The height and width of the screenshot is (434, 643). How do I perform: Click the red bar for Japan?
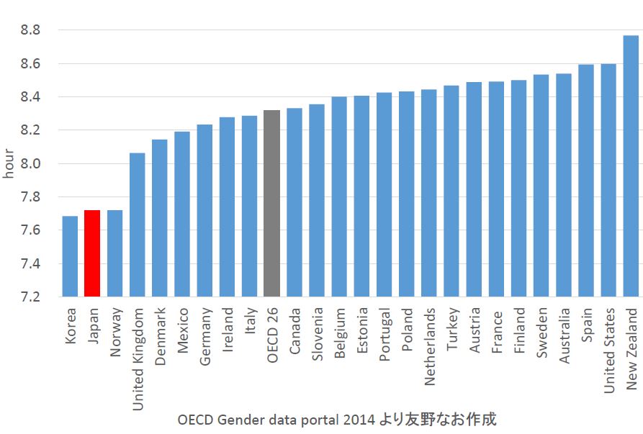click(x=92, y=253)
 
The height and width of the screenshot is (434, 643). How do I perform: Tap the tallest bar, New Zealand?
click(x=631, y=166)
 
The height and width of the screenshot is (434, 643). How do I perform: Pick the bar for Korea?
click(x=70, y=256)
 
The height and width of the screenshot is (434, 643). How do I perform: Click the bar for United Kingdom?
click(x=137, y=225)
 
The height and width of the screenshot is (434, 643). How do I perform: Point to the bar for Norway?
click(x=114, y=253)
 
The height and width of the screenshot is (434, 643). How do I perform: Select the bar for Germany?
click(x=204, y=210)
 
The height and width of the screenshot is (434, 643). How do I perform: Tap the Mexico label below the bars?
click(x=183, y=327)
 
